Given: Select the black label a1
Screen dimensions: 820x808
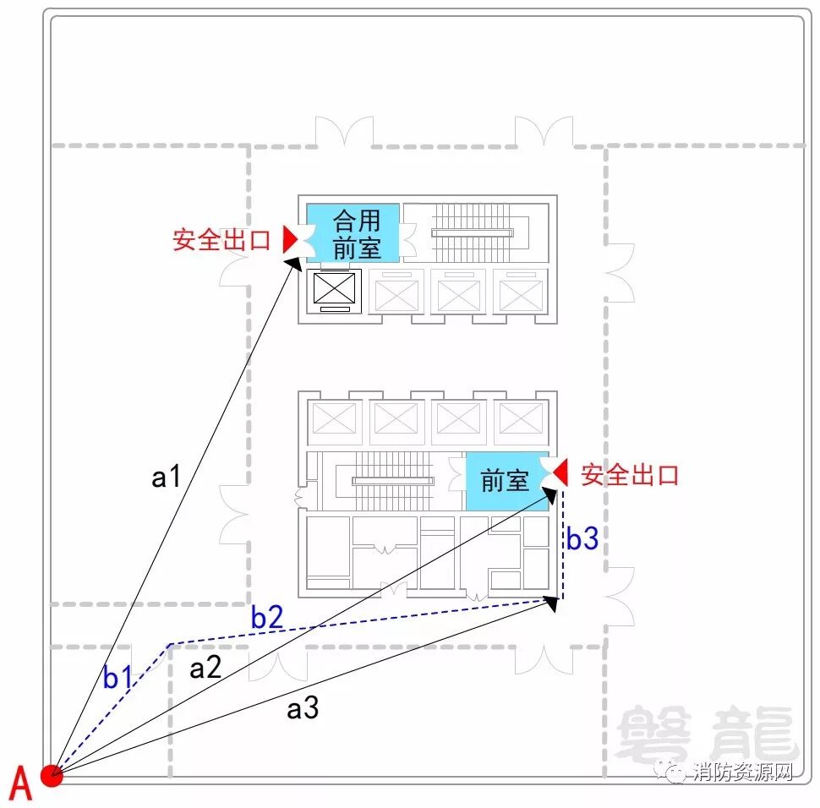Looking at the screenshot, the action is point(167,478).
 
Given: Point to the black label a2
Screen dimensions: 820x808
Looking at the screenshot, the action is point(205,669).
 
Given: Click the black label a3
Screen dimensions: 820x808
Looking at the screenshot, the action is point(303,708).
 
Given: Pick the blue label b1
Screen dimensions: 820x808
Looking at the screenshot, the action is point(118,678).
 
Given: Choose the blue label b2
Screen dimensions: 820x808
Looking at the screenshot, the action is point(266,618).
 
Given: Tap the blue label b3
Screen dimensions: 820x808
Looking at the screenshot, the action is point(582,538).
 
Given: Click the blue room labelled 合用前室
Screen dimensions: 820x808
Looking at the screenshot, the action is point(353,232).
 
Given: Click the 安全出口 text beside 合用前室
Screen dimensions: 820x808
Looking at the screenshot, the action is point(221,240).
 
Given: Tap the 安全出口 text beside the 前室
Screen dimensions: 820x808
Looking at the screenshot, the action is point(631,474).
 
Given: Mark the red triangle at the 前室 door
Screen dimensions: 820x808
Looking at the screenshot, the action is point(560,473).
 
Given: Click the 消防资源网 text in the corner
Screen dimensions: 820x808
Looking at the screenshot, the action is point(742,772).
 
